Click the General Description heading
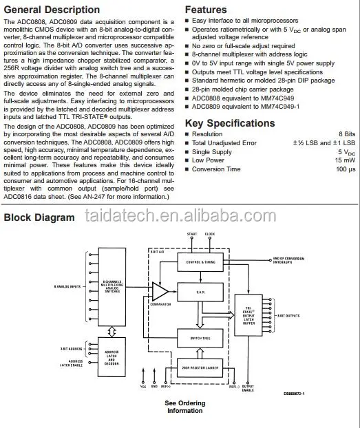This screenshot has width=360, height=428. click(x=52, y=10)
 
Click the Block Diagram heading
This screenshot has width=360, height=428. click(x=40, y=217)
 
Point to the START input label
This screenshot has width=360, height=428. click(x=191, y=235)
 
